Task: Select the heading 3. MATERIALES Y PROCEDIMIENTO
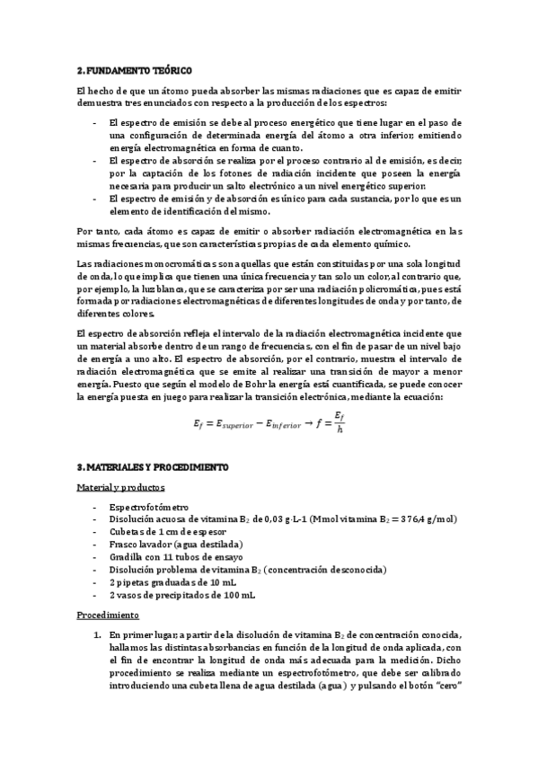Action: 153,467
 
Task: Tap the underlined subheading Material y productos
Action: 120,487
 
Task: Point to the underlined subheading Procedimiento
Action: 109,616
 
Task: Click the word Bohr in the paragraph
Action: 234,384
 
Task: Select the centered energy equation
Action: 269,421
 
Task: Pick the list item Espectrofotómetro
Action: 149,507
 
